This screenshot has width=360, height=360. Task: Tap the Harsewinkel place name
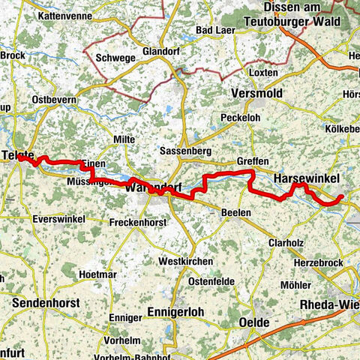coord(307,178)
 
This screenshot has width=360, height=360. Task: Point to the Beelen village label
coord(236,213)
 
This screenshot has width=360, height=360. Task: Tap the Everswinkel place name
coord(58,218)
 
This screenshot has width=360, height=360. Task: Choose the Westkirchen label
coord(184,261)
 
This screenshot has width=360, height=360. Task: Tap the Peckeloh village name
coord(242,118)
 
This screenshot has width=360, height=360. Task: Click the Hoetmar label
coord(97,274)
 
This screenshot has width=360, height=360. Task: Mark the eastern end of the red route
coord(342,196)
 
